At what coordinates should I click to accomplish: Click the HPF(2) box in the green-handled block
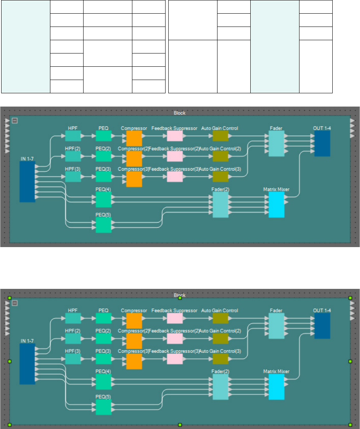pyautogui.click(x=73, y=338)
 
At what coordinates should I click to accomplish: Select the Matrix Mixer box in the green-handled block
pyautogui.click(x=276, y=387)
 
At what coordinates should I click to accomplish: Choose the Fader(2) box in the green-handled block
pyautogui.click(x=220, y=387)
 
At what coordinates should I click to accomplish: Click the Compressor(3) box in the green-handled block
pyautogui.click(x=134, y=361)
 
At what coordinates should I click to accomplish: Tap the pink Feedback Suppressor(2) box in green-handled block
pyautogui.click(x=175, y=338)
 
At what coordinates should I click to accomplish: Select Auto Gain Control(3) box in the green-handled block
pyautogui.click(x=220, y=359)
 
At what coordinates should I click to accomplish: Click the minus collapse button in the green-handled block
pyautogui.click(x=14, y=303)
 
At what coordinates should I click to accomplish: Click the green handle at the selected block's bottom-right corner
pyautogui.click(x=350, y=424)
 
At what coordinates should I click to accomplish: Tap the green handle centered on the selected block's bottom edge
pyautogui.click(x=180, y=424)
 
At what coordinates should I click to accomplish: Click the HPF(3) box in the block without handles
pyautogui.click(x=73, y=176)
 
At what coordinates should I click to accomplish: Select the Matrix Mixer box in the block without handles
pyautogui.click(x=276, y=205)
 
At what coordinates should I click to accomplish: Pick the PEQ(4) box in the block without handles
pyautogui.click(x=103, y=199)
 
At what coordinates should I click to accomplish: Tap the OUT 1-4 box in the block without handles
pyautogui.click(x=322, y=143)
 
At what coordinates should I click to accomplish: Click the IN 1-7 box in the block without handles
pyautogui.click(x=27, y=182)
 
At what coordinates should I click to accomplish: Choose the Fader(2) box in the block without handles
pyautogui.click(x=220, y=205)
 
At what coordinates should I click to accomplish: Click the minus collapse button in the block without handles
pyautogui.click(x=14, y=121)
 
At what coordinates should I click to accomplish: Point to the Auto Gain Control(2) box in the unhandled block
pyautogui.click(x=220, y=156)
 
